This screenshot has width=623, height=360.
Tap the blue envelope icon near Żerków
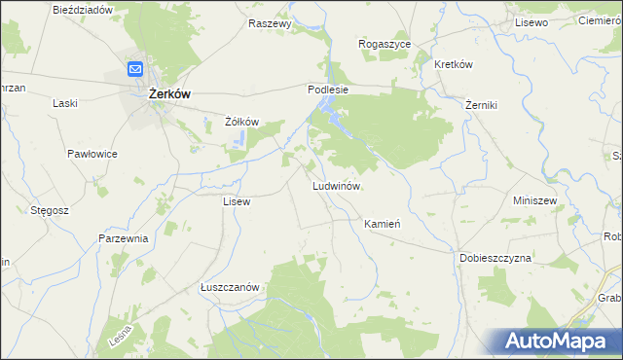tap(135, 69)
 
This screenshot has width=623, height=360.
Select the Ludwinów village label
tap(337, 185)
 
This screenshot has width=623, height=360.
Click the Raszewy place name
tap(270, 23)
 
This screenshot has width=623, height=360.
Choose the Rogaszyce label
tap(385, 44)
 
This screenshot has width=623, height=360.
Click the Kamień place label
tap(383, 224)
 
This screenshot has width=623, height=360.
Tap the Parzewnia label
tap(123, 238)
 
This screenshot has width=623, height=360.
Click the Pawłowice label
tap(92, 154)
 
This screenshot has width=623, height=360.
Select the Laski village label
tap(65, 102)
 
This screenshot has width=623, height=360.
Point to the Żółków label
tap(240, 122)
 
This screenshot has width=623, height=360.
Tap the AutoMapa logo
tap(563, 341)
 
